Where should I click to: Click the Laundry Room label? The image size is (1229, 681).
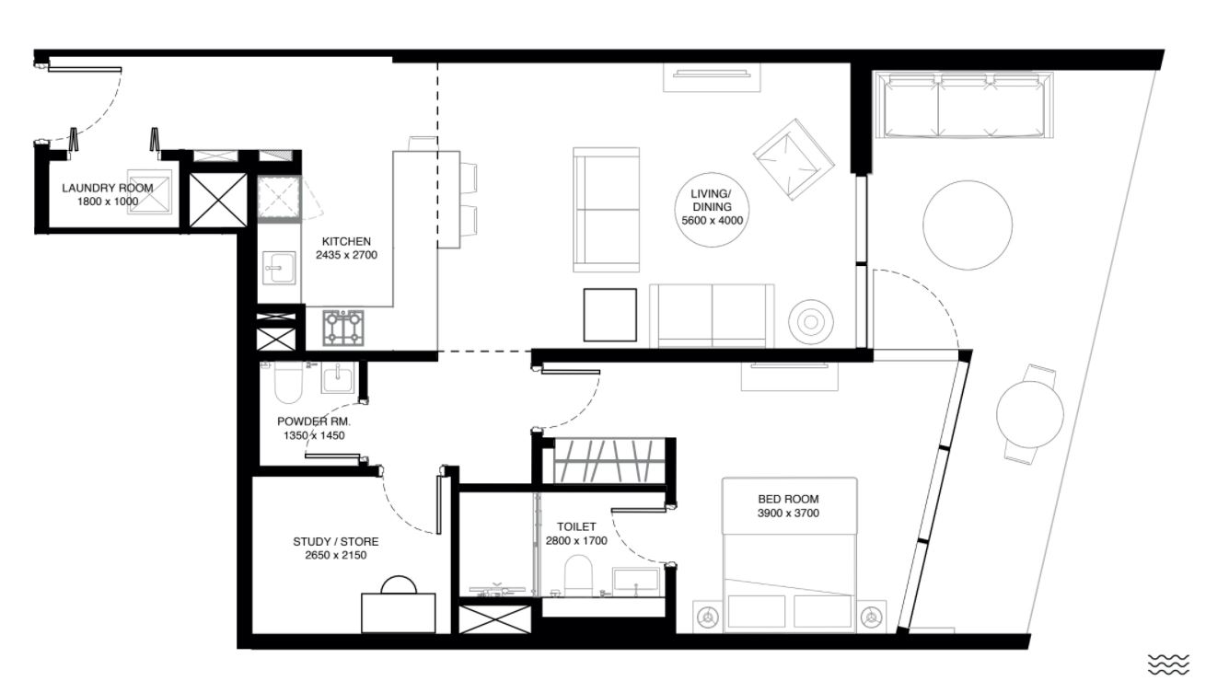tap(108, 188)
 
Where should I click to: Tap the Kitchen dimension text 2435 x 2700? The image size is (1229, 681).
tap(346, 255)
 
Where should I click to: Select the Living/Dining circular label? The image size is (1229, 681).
tap(712, 210)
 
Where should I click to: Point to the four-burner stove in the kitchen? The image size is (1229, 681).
tap(343, 328)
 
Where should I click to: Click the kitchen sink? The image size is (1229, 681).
tap(279, 268)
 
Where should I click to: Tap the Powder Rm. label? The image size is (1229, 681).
tap(313, 421)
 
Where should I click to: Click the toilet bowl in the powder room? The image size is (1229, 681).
tap(288, 382)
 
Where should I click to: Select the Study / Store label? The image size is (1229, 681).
tap(336, 542)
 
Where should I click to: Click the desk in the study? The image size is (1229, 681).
tap(399, 613)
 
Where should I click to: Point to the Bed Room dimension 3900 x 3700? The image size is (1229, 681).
tap(788, 514)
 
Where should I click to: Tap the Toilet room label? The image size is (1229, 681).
tap(576, 527)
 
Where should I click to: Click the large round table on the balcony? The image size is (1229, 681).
tap(968, 225)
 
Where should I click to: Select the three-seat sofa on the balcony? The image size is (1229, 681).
tap(964, 105)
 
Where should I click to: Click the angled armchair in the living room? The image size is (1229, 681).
tap(794, 159)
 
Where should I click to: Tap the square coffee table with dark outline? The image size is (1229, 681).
tap(610, 315)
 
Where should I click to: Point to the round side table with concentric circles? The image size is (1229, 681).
tap(811, 322)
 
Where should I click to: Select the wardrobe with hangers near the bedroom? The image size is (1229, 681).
tap(609, 460)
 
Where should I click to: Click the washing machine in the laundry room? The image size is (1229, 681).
tap(150, 191)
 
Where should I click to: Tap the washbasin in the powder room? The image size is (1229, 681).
tap(339, 378)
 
